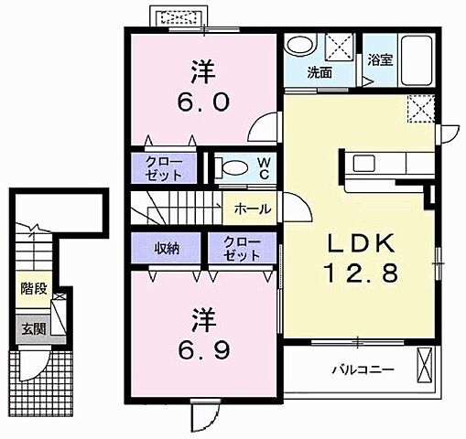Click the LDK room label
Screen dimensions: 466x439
362,243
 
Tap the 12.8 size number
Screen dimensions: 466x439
363,273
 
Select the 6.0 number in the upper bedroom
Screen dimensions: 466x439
203,102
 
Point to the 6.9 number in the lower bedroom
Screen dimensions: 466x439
203,349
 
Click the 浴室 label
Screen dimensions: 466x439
380,59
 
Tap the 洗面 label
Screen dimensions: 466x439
320,73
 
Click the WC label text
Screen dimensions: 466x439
265,168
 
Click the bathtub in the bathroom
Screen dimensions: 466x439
417,60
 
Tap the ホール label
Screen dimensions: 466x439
253,209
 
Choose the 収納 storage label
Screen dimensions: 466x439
167,249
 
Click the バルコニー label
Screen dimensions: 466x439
363,370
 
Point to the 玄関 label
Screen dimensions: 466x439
34,329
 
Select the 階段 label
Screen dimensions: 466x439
34,288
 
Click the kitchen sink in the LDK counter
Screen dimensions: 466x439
364,163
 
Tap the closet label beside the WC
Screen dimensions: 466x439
164,168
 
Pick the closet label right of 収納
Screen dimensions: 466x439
242,249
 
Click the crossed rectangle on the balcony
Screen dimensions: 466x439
425,365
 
